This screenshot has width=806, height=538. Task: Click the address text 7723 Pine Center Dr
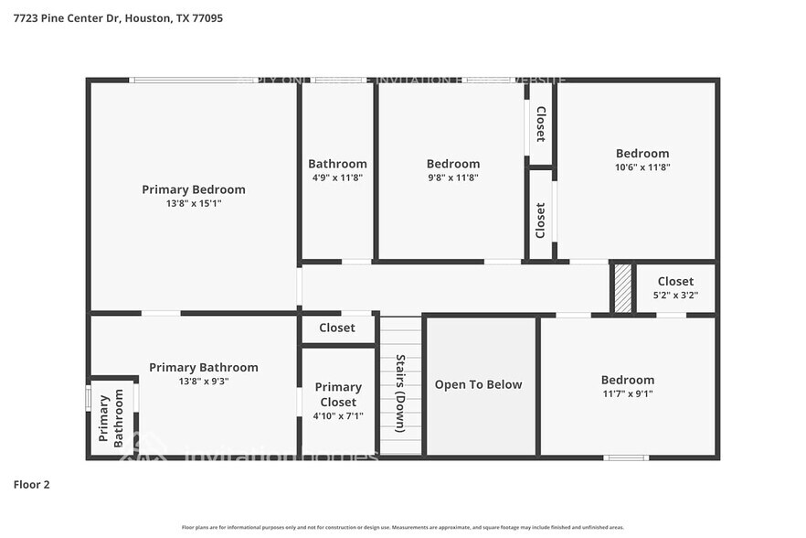[65, 17]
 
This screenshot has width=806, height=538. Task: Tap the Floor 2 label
[31, 484]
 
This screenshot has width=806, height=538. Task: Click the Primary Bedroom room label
[194, 189]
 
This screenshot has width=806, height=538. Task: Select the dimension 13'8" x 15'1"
[194, 203]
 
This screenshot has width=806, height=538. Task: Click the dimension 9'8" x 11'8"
[452, 178]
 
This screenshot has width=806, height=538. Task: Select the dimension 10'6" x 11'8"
[642, 167]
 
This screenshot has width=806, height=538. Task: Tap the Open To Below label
[478, 384]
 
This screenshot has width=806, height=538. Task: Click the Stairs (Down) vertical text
[400, 393]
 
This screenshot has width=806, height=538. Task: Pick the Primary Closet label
[338, 394]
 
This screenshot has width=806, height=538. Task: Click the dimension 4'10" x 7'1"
[338, 415]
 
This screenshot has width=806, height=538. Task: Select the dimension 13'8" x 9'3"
[204, 381]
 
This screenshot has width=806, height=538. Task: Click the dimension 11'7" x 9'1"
[627, 393]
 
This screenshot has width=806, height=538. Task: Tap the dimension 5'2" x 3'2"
[675, 295]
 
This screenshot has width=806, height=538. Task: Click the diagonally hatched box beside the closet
[622, 289]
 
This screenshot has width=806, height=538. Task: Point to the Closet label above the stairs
[337, 328]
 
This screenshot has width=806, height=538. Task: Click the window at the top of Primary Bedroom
[193, 81]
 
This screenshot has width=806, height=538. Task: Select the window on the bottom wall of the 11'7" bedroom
[626, 457]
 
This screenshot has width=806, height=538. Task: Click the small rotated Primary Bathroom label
[111, 419]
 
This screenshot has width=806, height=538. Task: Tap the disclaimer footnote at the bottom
[402, 527]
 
